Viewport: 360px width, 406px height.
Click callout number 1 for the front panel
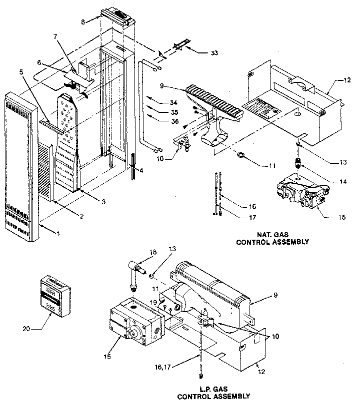[58, 234]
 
